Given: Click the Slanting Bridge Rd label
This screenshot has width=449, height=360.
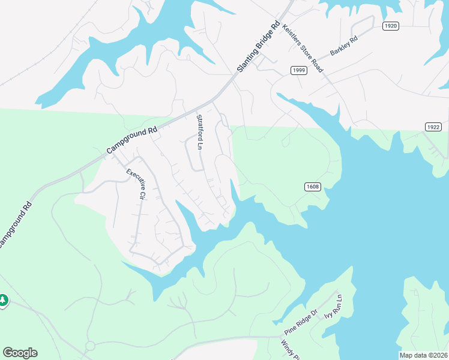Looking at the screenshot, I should coord(259,47).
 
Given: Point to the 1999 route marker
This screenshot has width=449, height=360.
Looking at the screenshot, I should coord(299,71).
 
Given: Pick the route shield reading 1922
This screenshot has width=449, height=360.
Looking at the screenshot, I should coord(433,127).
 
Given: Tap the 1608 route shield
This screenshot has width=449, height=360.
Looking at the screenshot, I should coord(312,187).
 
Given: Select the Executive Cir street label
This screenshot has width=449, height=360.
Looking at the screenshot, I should coord(136,184).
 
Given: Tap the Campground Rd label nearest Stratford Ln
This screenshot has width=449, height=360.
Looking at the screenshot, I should coord(132,139).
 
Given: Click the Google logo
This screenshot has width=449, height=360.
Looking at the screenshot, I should coord(20,353).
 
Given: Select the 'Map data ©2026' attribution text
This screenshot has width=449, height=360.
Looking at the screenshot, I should coord(423,355).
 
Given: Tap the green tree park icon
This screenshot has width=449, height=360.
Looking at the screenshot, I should coord(3,299).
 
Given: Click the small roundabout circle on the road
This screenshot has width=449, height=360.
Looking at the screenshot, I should coord(90,346).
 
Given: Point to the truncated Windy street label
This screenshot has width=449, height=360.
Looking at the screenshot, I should coord(290,350).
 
